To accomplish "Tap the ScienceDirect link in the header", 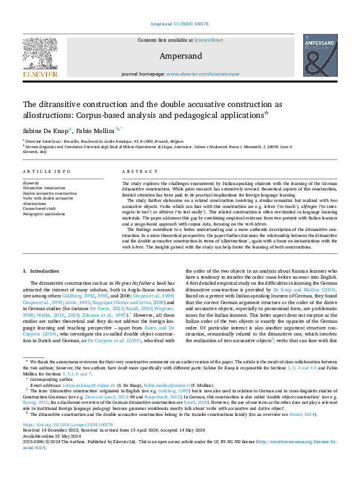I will (208, 39).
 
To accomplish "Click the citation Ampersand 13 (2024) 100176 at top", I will (180, 25).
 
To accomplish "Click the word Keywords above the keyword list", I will (31, 182).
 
